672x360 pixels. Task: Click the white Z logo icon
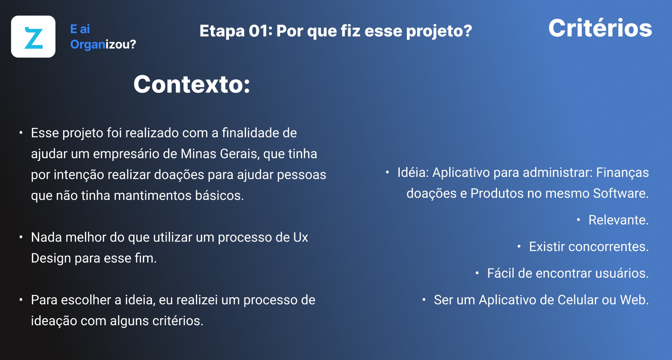coord(33,36)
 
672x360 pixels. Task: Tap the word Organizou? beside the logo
coord(103,44)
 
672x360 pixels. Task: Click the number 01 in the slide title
coord(258,31)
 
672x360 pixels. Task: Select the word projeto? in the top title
coord(439,32)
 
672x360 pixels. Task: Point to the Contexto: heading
coord(192,84)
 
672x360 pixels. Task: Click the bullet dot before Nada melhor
coord(21,237)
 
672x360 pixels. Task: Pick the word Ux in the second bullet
coord(301,238)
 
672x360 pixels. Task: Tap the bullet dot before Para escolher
coord(21,300)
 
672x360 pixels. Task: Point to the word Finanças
coord(622,173)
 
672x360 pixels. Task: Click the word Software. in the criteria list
coord(621,193)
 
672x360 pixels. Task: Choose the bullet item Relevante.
coord(619,220)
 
